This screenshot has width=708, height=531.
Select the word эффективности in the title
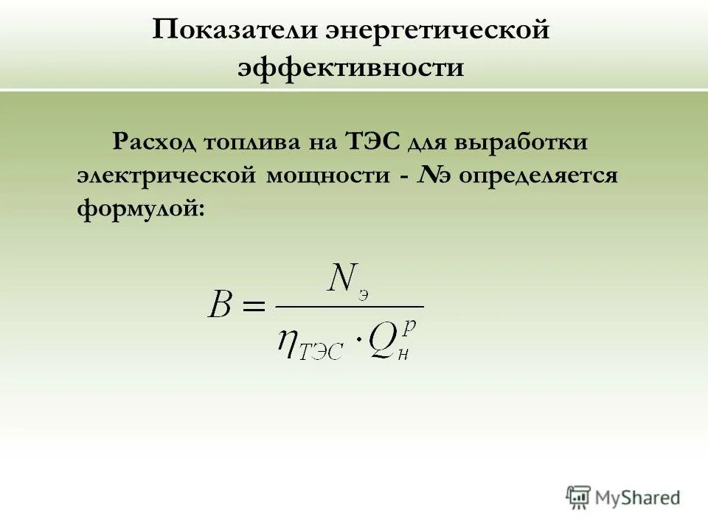point(351,68)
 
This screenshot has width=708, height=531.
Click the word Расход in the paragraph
point(154,141)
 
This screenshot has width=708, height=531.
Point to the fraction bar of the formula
point(350,307)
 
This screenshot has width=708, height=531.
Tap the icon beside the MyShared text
point(578,497)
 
